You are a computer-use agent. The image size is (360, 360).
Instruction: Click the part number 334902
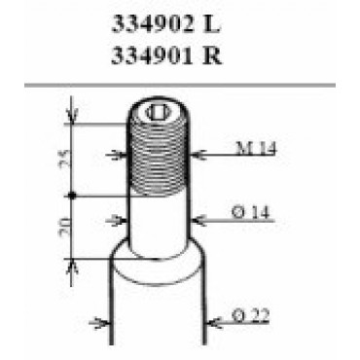(152, 24)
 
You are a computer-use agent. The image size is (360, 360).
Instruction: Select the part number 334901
(152, 55)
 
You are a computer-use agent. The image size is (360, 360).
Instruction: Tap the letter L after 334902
(211, 24)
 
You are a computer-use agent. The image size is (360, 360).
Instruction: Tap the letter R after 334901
(212, 55)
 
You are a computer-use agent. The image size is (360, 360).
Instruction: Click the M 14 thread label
(256, 148)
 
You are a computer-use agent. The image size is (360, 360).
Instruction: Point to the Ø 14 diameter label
(251, 213)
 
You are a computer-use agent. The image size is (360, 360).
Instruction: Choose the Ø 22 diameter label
(251, 315)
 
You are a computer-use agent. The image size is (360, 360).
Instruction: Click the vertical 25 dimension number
(64, 159)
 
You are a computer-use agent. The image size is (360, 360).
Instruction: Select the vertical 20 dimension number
(64, 223)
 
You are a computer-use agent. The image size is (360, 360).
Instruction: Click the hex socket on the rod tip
(159, 113)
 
